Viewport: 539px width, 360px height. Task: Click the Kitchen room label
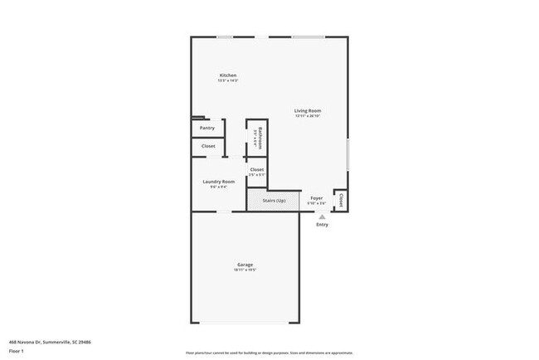coord(227,75)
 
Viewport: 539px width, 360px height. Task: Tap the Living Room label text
coord(308,110)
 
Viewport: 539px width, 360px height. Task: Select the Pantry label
coord(207,128)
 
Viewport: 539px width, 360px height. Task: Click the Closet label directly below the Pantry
coord(208,146)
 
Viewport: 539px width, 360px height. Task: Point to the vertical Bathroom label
coord(260,135)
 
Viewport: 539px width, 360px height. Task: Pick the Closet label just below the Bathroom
coord(257,169)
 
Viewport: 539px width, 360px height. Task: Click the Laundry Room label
coord(219,182)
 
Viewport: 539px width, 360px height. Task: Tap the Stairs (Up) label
coord(274,200)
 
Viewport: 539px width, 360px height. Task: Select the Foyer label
coord(316,198)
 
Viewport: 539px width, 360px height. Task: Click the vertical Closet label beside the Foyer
coord(341,200)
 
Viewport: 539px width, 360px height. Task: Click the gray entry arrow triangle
coord(322,216)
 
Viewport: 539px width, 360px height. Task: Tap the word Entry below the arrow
coord(322,224)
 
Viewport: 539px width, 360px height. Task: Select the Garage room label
coord(245,265)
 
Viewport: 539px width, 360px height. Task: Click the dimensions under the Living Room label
coord(308,116)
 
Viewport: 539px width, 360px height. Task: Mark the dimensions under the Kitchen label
coord(227,80)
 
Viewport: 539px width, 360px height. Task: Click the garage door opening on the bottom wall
coord(245,324)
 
